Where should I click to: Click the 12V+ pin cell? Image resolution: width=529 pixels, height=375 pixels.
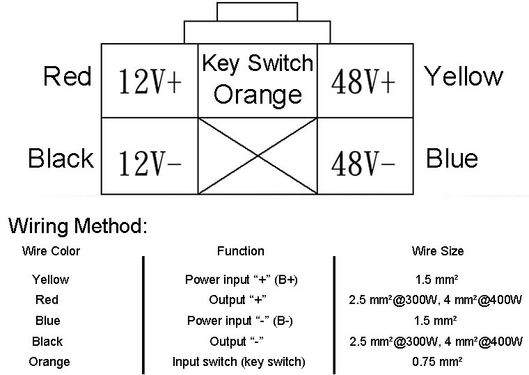tap(150, 81)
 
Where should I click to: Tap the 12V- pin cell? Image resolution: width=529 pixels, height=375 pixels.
tap(150, 156)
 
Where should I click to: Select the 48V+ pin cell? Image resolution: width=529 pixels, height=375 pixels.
tap(364, 81)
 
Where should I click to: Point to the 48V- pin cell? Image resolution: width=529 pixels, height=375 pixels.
tap(364, 156)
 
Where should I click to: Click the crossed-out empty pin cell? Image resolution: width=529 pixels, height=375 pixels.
tap(258, 156)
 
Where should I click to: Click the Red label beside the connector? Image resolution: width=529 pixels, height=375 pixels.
tap(68, 76)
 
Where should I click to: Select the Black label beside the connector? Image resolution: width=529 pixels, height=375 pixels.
tap(61, 159)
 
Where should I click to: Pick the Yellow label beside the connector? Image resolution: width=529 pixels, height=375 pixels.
tap(464, 76)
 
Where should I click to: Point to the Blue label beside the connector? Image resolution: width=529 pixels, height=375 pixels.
tap(452, 159)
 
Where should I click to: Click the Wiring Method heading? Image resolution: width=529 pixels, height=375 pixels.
tap(77, 226)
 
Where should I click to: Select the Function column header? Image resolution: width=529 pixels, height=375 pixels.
tap(240, 251)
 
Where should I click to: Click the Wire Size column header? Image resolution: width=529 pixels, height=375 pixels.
tap(438, 251)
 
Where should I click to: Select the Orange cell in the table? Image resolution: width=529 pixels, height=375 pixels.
tap(49, 362)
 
